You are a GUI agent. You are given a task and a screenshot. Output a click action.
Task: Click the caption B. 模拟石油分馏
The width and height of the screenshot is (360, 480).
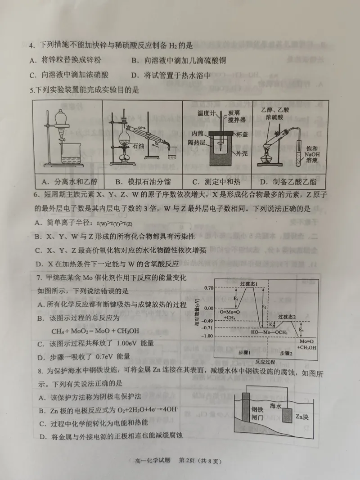click(x=142, y=182)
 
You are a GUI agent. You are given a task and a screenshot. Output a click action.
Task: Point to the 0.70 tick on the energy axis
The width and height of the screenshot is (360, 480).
click(x=209, y=288)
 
